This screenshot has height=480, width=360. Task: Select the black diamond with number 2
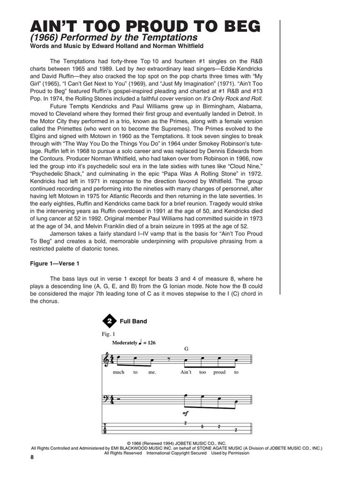point(109,321)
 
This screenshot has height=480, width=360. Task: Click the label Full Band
point(133,322)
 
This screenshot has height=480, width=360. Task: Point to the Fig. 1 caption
point(108,334)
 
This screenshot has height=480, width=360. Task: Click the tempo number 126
point(150,343)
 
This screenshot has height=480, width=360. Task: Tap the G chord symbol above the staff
point(186,349)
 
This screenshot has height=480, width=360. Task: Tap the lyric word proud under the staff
point(219,373)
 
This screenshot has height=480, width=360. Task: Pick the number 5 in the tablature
point(202,427)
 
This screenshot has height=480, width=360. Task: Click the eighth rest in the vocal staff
point(169,360)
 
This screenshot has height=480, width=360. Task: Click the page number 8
point(31,457)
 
